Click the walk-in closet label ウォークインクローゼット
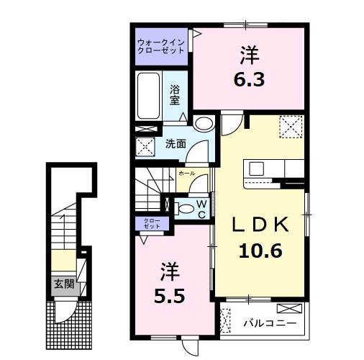(x=160, y=47)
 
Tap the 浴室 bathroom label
(x=175, y=94)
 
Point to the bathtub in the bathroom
(x=149, y=96)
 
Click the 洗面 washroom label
(x=176, y=143)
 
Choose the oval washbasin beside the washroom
(x=204, y=124)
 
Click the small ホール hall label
(x=186, y=174)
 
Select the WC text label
(x=202, y=209)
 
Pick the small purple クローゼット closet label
(x=153, y=224)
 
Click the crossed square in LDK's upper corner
(x=291, y=128)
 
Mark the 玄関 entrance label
(x=63, y=283)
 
